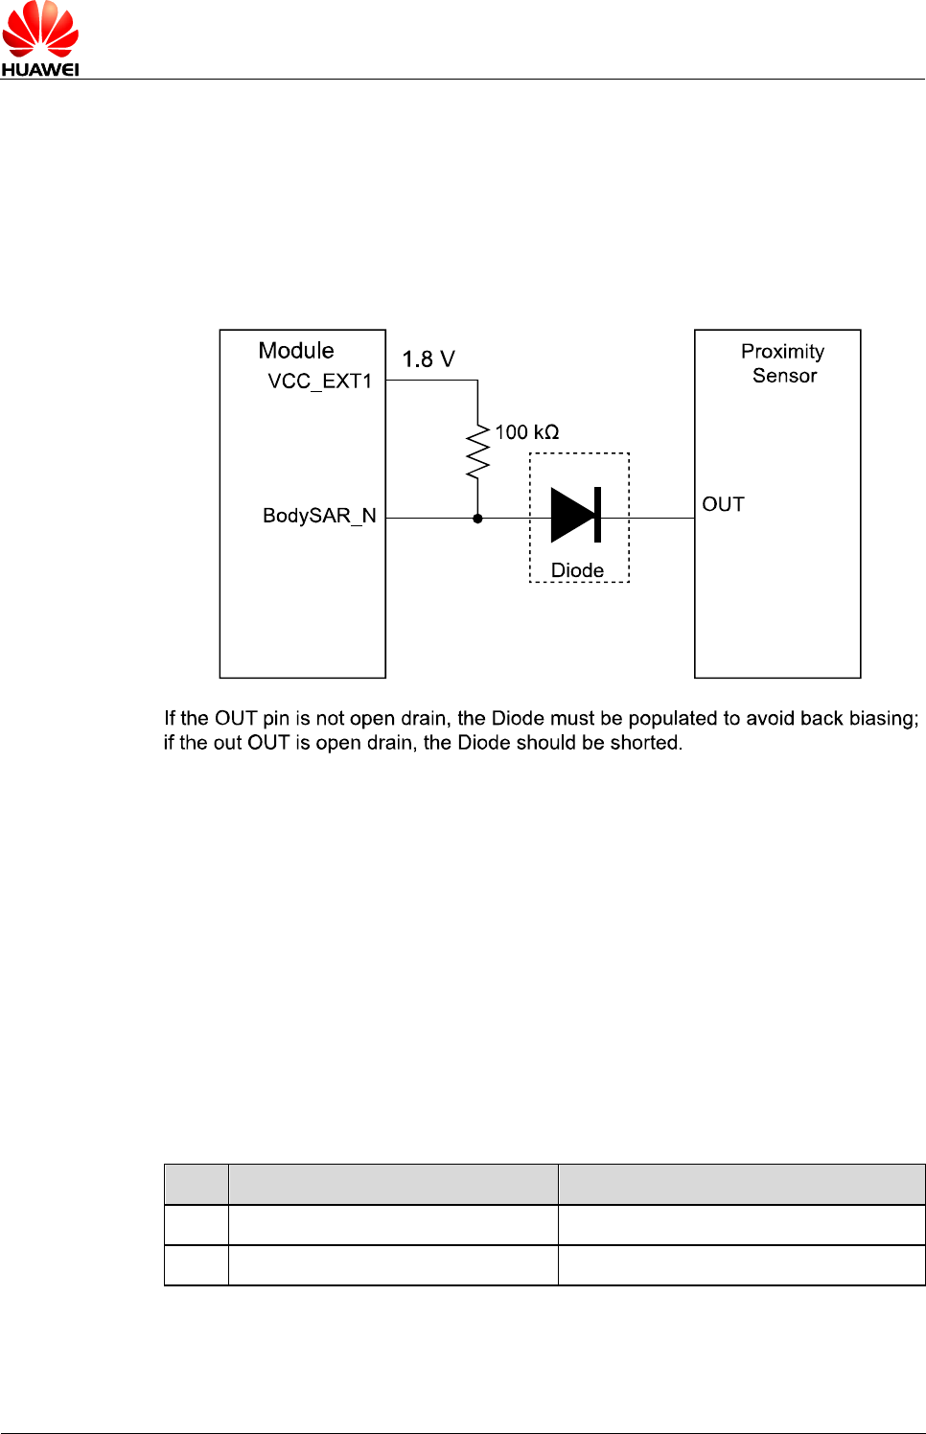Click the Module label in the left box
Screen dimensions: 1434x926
(296, 351)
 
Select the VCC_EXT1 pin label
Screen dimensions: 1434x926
(319, 382)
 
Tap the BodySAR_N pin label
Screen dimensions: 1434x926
(319, 516)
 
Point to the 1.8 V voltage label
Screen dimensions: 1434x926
(428, 359)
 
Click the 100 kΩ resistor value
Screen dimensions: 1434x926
(526, 432)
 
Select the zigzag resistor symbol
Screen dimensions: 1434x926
(477, 452)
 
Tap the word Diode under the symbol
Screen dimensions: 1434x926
(577, 570)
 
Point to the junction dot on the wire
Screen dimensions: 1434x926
(477, 519)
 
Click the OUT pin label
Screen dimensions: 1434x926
(723, 505)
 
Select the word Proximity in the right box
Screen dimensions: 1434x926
(782, 352)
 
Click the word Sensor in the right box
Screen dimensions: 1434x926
(784, 376)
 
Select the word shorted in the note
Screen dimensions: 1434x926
(645, 743)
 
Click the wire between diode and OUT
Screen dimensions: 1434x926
(661, 518)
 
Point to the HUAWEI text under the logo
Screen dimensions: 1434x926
(40, 69)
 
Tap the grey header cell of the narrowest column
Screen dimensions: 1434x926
(197, 1184)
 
